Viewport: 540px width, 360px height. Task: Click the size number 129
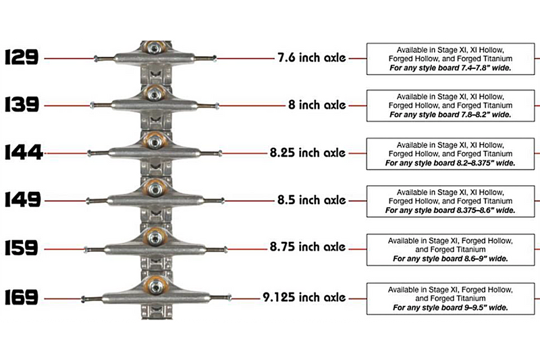coord(22,57)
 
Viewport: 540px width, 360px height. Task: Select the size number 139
coord(22,105)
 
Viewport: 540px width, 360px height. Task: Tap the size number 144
coord(24,152)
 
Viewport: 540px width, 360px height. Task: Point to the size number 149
coord(23,199)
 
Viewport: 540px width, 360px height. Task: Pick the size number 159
coord(22,248)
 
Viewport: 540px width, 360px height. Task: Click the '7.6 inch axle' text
coord(312,57)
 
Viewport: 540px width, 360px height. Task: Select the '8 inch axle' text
coord(317,105)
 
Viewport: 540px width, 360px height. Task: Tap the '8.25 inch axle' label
coord(308,153)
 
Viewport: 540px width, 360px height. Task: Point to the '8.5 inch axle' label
coord(312,200)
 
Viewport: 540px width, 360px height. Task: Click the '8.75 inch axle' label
coord(308,247)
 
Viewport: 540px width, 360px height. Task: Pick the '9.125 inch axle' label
coord(304,297)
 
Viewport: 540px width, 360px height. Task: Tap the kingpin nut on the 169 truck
coord(157,286)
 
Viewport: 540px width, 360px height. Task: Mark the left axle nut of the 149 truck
coord(88,201)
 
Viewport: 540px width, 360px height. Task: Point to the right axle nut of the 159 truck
coord(225,250)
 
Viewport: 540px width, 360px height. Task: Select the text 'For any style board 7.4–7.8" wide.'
coord(450,68)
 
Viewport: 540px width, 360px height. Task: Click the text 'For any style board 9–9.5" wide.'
coord(450,307)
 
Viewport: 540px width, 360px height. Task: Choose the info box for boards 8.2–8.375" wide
coord(450,154)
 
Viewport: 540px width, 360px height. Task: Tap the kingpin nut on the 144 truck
coord(155,141)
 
